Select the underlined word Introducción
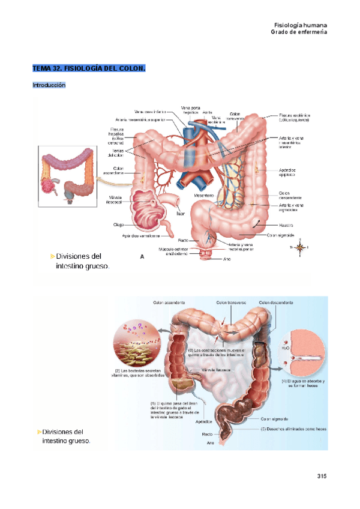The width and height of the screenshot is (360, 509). click(x=49, y=85)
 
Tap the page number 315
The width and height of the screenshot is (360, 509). click(x=322, y=477)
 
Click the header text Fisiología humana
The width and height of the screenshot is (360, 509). click(x=300, y=25)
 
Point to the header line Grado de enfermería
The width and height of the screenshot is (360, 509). click(x=299, y=32)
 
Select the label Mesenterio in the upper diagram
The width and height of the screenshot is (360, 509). click(x=204, y=196)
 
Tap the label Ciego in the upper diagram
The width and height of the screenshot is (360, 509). click(x=118, y=225)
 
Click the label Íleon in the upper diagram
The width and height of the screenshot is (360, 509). click(x=180, y=212)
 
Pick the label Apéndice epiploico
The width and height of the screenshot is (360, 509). click(x=291, y=173)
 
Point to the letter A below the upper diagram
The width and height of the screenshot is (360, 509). click(x=142, y=256)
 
